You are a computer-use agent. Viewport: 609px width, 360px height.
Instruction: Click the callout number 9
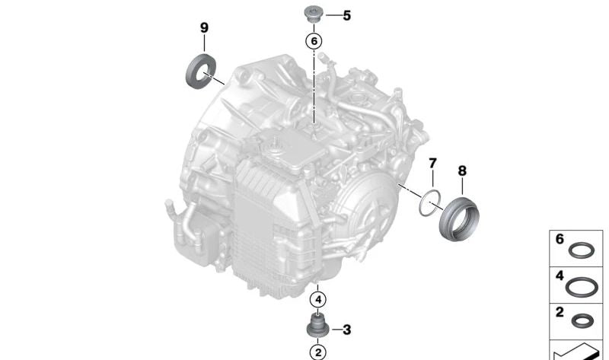tap(204, 27)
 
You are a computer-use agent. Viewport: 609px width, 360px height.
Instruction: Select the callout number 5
tap(346, 14)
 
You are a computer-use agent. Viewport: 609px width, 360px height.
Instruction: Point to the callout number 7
tap(432, 164)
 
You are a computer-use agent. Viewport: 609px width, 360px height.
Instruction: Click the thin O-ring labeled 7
tap(430, 202)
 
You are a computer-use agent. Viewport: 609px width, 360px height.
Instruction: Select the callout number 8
tap(462, 171)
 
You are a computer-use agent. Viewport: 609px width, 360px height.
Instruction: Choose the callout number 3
tap(346, 330)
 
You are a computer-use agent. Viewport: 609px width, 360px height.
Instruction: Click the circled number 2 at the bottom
tap(317, 352)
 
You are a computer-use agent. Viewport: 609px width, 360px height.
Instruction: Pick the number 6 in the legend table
tap(560, 239)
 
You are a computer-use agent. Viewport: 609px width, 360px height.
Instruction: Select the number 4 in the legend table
tap(560, 276)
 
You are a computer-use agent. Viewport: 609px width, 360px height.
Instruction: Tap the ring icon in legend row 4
tap(582, 288)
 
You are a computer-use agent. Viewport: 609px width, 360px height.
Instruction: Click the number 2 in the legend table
tap(560, 313)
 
